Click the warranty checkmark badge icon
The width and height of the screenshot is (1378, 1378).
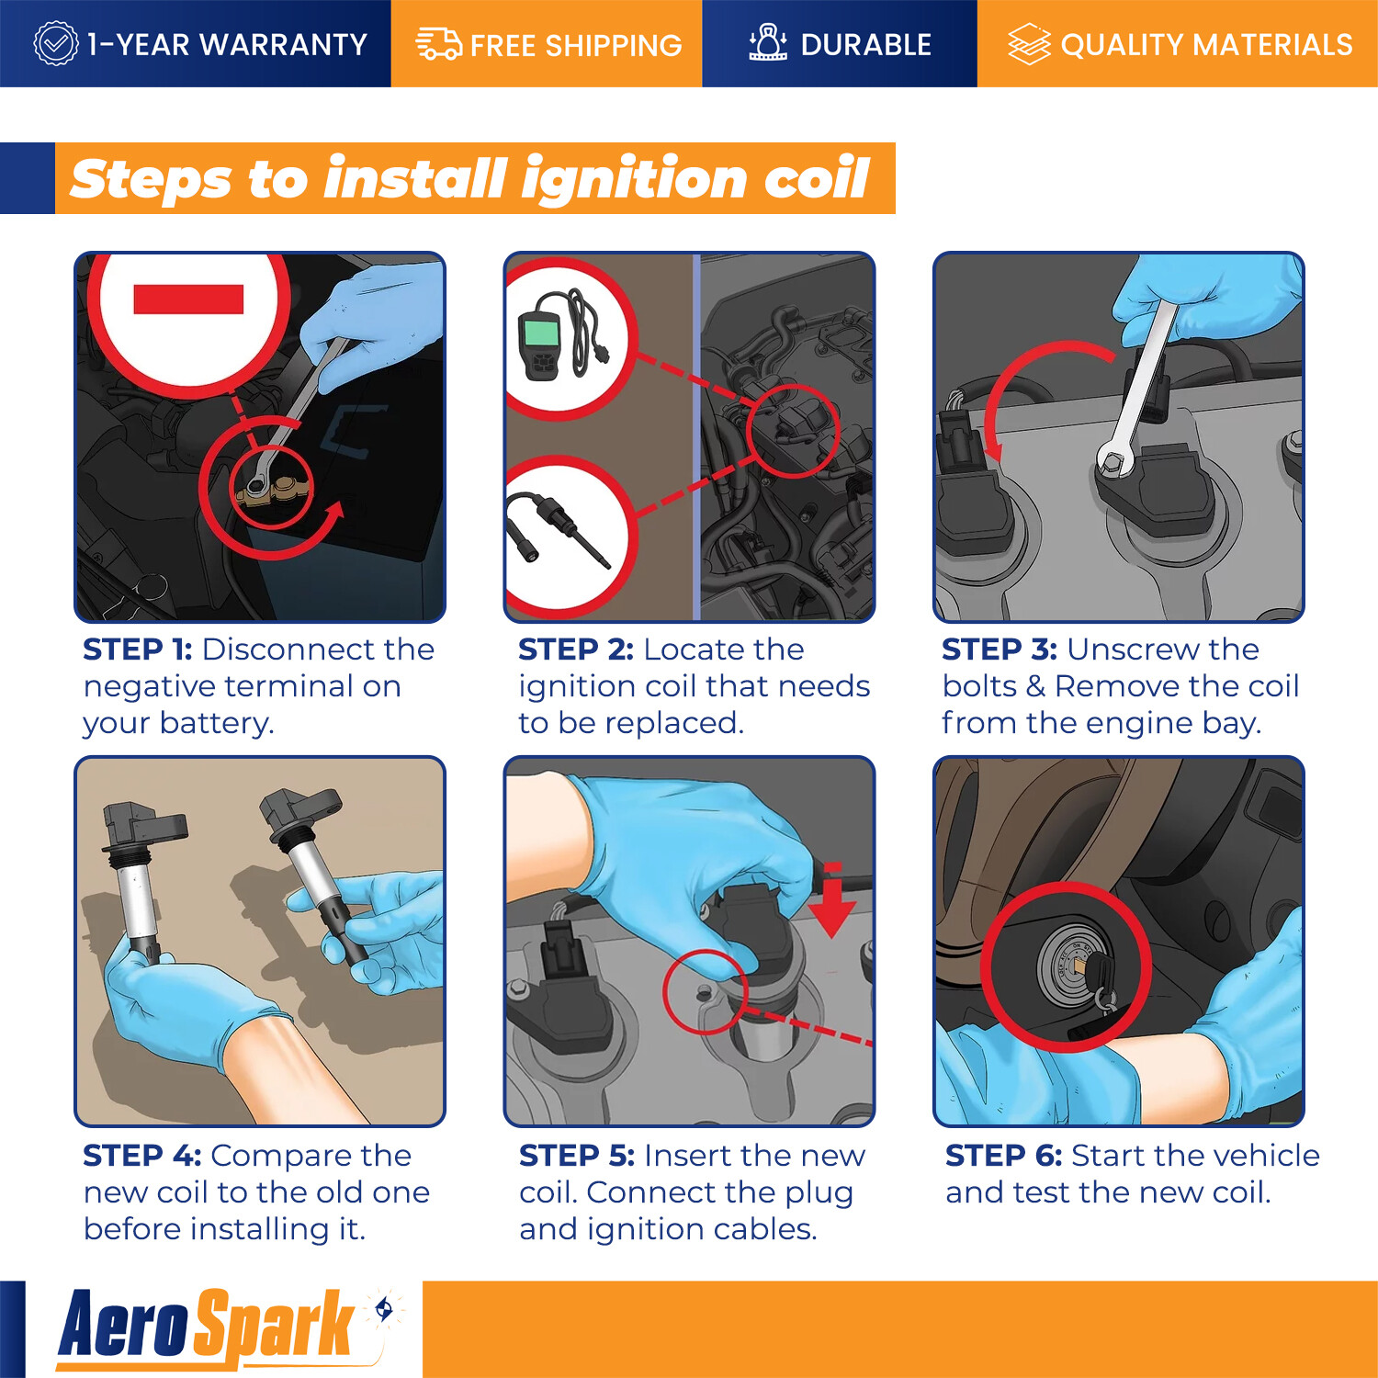point(56,43)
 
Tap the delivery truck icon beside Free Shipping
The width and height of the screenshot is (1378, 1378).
point(439,44)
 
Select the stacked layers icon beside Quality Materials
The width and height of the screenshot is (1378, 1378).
point(1029,44)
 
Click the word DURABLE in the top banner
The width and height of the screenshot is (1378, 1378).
point(865,45)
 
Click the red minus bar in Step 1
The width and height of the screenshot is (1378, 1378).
point(188,299)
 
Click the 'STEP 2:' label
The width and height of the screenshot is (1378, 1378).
point(576,649)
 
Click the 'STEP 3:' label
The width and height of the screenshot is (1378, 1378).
point(1000,649)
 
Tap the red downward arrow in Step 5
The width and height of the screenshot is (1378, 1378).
point(831,900)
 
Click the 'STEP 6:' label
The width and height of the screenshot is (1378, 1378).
point(1004,1156)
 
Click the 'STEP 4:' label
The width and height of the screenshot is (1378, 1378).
point(142,1156)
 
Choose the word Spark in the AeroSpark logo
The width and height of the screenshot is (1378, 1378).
point(275,1327)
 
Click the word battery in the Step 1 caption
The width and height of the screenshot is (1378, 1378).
point(218,724)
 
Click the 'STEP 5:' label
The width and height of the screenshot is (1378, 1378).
point(577,1156)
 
